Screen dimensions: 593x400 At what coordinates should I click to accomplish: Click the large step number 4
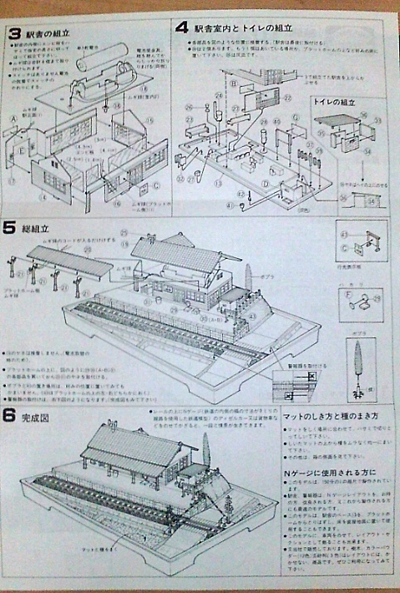[182, 27]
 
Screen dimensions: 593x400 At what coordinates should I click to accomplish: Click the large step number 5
[9, 227]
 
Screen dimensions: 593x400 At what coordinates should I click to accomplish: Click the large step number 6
[10, 415]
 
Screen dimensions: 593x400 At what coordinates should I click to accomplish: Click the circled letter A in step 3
[13, 119]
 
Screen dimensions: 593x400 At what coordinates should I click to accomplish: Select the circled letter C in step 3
[157, 185]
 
